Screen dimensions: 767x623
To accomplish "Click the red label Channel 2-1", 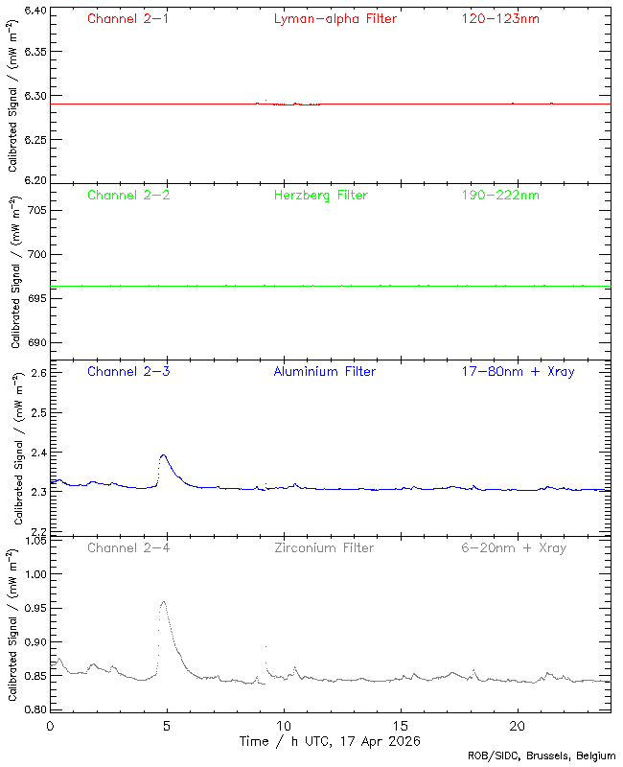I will click(x=128, y=18).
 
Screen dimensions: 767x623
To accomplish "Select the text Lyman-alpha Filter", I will click(x=335, y=18).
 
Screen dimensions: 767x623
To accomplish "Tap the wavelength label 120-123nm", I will click(x=499, y=18).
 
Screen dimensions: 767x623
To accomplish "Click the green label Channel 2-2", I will click(x=128, y=195).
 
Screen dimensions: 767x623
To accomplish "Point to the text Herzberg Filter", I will click(x=320, y=195).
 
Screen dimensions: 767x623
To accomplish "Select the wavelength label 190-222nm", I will click(x=499, y=195).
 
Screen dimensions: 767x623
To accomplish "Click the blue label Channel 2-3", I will click(x=128, y=371).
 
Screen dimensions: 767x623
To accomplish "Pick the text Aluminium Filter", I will click(x=324, y=371).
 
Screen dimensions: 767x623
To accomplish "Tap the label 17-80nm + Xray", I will click(x=518, y=371).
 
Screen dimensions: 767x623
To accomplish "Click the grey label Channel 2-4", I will click(x=128, y=547).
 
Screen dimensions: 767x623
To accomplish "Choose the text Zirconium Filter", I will click(x=323, y=547).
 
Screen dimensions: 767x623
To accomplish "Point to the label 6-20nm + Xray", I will click(x=513, y=547).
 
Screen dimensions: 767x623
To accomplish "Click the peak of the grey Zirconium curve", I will click(x=164, y=601).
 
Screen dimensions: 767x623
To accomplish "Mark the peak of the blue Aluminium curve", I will click(x=164, y=455).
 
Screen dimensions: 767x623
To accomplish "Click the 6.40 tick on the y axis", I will click(x=34, y=12).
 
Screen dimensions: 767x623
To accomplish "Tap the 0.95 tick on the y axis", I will click(x=34, y=607).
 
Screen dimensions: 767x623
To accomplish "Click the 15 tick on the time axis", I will click(x=401, y=727).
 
